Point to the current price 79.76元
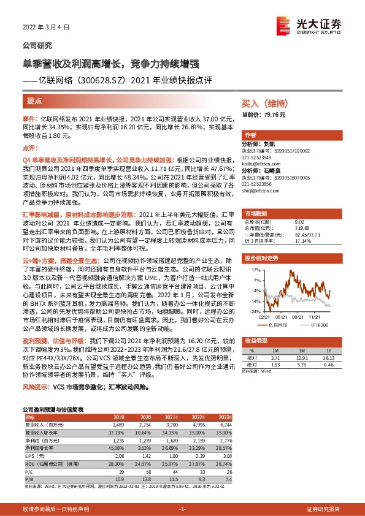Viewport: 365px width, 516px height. [x=274, y=115]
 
